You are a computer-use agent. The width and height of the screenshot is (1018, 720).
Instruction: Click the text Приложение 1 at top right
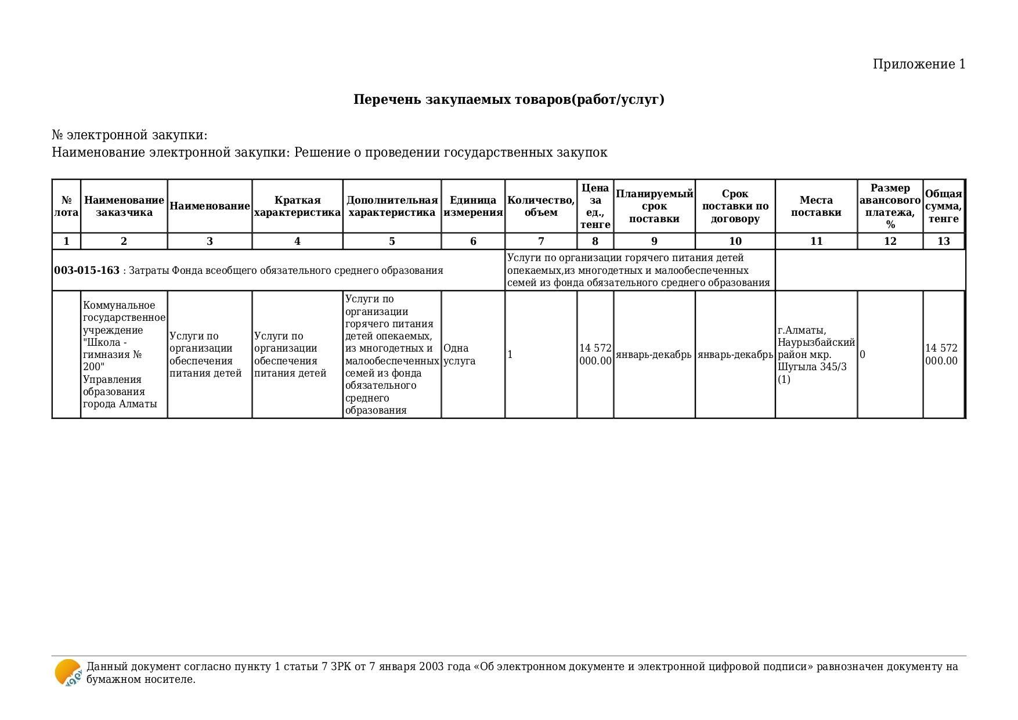(919, 64)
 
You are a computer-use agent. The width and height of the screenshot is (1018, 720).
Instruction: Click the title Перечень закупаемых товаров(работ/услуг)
(508, 100)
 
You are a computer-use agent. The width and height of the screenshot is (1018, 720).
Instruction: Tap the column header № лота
(66, 206)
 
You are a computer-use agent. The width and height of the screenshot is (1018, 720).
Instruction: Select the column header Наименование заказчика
(124, 206)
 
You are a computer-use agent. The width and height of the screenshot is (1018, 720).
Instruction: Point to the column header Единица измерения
(473, 206)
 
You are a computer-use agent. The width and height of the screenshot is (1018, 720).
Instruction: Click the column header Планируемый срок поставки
(654, 206)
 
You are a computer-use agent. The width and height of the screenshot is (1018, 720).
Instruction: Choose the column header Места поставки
(816, 206)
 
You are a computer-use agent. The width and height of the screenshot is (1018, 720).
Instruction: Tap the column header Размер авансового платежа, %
(890, 206)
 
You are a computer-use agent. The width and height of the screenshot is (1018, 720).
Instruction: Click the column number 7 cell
(541, 241)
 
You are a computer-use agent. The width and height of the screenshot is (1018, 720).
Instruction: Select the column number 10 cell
(735, 241)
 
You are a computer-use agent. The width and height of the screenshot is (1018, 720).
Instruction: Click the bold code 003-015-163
(86, 270)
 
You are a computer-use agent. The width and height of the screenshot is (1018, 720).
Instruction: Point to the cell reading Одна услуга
(459, 354)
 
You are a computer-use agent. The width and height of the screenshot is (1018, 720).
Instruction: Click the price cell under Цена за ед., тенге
(595, 354)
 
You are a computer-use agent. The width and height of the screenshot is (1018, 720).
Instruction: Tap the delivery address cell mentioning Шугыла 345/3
(815, 354)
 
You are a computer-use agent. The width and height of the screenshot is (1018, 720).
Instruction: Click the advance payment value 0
(862, 354)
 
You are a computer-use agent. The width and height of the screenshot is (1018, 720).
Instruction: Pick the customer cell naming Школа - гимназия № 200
(124, 354)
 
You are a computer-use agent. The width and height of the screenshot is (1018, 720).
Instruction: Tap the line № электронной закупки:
(129, 135)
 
